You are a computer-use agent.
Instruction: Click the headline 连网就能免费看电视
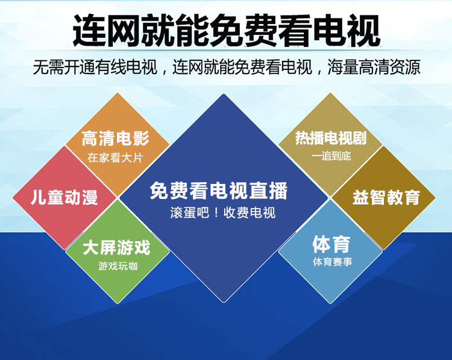[x=226, y=31]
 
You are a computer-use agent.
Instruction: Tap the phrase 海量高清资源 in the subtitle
[x=374, y=68]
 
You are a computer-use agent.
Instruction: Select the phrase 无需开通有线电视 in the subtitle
[x=95, y=68]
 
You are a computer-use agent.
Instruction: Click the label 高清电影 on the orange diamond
[x=115, y=139]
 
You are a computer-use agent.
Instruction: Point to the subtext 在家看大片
[x=115, y=158]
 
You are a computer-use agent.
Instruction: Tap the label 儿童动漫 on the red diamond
[x=64, y=198]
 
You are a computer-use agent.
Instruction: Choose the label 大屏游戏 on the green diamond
[x=116, y=247]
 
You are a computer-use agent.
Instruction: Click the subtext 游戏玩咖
[x=118, y=266]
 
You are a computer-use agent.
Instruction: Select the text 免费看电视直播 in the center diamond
[x=219, y=191]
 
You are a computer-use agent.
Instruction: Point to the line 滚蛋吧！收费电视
[x=223, y=213]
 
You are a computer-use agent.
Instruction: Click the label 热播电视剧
[x=331, y=138]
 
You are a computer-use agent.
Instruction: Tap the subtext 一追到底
[x=331, y=156]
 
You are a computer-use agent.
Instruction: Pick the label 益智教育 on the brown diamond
[x=386, y=198]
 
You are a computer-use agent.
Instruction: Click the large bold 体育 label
[x=331, y=244]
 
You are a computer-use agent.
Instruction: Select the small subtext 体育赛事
[x=333, y=262]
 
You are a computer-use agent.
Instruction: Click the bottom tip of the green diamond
[x=118, y=303]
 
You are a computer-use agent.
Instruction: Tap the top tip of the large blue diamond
[x=224, y=94]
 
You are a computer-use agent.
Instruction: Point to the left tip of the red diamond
[x=13, y=198]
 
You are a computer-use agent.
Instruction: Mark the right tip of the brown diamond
[x=435, y=198]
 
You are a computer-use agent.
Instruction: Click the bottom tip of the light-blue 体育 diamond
[x=330, y=303]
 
